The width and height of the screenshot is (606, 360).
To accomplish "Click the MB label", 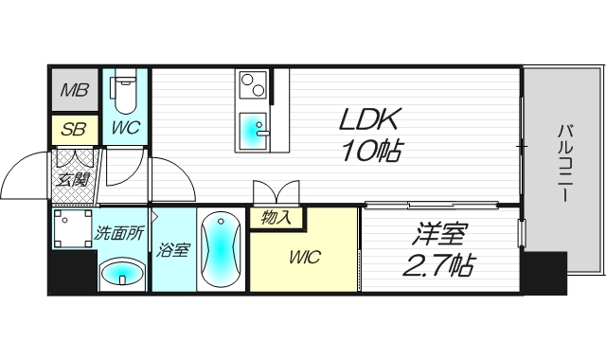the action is click(75, 90).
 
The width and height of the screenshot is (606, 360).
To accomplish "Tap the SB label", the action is click(74, 129).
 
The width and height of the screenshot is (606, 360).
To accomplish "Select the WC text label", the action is click(125, 127).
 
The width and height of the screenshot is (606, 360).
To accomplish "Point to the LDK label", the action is click(368, 119).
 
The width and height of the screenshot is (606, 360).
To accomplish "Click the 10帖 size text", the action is click(371, 151).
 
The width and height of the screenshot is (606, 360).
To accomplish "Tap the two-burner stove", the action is click(253, 84).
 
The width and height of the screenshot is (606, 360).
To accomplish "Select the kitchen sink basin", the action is click(253, 131).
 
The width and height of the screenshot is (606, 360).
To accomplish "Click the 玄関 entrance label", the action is click(73, 179).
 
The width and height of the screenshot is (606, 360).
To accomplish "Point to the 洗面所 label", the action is click(119, 233).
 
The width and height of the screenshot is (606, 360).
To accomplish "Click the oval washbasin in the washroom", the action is click(122, 274).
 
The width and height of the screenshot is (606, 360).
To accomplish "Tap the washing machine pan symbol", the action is click(73, 228).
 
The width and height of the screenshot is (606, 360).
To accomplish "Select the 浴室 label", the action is click(172, 250).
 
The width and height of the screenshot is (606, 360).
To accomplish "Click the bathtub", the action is click(221, 250).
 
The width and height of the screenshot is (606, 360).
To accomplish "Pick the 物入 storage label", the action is click(276, 218).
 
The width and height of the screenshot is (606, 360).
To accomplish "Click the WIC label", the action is click(305, 257).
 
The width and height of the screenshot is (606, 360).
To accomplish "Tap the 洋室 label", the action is click(440, 234).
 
